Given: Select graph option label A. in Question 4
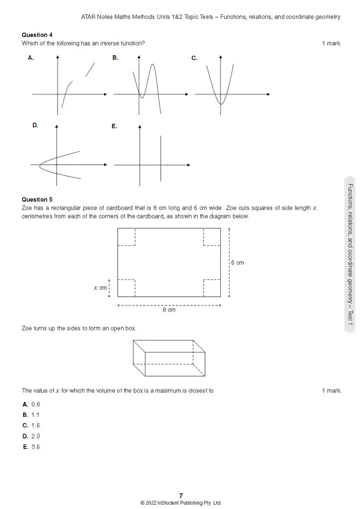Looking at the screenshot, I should point(31,58).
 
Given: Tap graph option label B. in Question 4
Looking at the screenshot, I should point(115,58).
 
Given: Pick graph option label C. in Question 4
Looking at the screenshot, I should point(194,58).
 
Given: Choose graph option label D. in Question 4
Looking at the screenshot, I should point(35,125).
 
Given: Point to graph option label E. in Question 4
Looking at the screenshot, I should point(114,126).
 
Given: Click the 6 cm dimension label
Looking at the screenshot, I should point(237,263).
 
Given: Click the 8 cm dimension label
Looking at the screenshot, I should point(169,310).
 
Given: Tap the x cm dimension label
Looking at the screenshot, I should point(100,288).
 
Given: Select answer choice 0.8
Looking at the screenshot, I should point(36,404).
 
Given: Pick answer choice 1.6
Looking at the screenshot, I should point(36,425).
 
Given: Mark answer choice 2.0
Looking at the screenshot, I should point(36,436).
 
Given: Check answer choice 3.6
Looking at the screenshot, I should point(36,447).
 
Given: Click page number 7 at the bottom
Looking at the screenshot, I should point(181,496).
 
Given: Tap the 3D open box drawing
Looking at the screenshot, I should point(169,358).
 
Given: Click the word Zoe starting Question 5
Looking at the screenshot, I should point(27,208).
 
